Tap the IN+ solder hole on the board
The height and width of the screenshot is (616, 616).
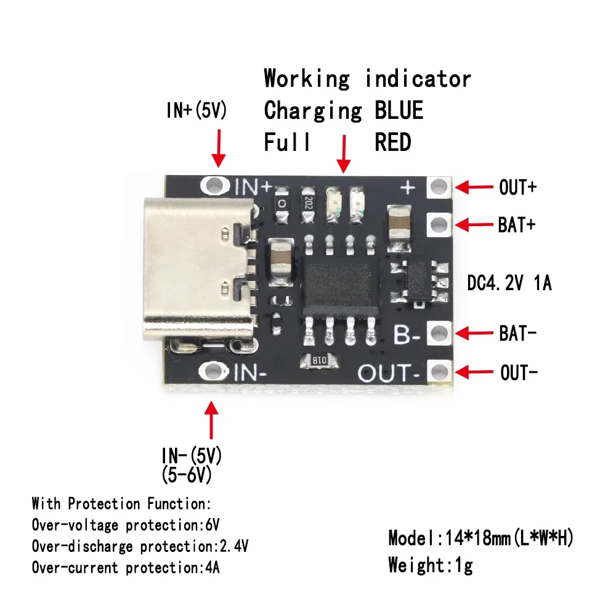[215, 184]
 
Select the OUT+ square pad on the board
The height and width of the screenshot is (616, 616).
[439, 186]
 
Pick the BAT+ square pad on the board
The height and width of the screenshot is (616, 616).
[439, 223]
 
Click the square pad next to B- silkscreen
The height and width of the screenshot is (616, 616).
[439, 333]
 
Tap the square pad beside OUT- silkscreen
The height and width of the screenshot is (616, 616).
[439, 371]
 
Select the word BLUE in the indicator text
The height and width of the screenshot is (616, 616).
[399, 111]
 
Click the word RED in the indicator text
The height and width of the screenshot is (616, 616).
[392, 143]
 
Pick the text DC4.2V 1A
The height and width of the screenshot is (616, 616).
[509, 284]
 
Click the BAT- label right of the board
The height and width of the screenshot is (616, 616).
[517, 334]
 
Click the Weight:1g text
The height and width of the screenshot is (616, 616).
[430, 564]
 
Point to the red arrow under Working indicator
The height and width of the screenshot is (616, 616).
[343, 153]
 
